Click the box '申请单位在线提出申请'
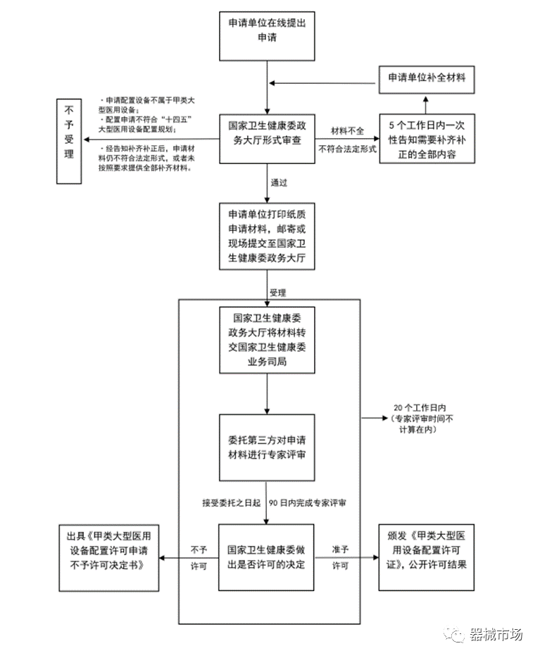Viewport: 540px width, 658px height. pyautogui.click(x=267, y=36)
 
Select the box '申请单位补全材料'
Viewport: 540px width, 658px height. pyautogui.click(x=427, y=80)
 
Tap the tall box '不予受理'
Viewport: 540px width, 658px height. pyautogui.click(x=69, y=142)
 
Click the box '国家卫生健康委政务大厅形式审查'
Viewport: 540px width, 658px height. pyautogui.click(x=267, y=139)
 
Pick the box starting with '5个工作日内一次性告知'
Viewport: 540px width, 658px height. pyautogui.click(x=427, y=139)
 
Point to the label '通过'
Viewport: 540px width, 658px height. pyautogui.click(x=279, y=182)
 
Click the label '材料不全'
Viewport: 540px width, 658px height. pyautogui.click(x=347, y=131)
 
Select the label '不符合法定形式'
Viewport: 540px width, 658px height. pyautogui.click(x=347, y=149)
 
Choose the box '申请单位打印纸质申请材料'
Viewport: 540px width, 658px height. pyautogui.click(x=267, y=236)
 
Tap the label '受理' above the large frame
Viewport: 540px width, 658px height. pyautogui.click(x=278, y=292)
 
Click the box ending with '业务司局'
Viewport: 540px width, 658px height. pyautogui.click(x=267, y=340)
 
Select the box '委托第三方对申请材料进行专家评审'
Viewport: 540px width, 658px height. pyautogui.click(x=267, y=448)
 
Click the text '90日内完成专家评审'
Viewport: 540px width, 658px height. pyautogui.click(x=308, y=503)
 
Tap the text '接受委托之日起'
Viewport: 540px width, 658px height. pyautogui.click(x=232, y=503)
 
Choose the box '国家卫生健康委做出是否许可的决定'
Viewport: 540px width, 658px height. pyautogui.click(x=266, y=557)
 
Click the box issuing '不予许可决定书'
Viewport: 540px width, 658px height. pyautogui.click(x=109, y=558)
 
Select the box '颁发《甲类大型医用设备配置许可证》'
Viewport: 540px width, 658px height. pyautogui.click(x=427, y=557)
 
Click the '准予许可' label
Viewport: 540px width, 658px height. pyautogui.click(x=340, y=557)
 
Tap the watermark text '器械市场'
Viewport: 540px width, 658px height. pyautogui.click(x=496, y=635)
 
